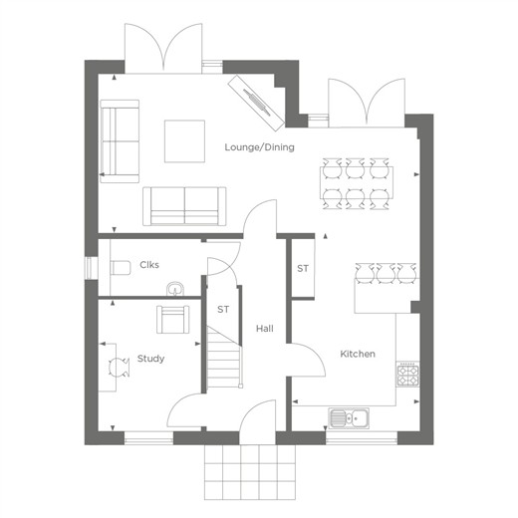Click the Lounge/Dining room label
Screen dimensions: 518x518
259,147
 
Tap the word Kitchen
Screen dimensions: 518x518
358,354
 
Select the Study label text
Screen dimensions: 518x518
150,359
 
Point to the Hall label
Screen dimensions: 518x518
265,329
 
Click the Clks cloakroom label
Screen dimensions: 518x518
149,265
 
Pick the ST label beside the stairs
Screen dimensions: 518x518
223,310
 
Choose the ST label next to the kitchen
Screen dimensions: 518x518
303,268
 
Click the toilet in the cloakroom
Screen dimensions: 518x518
121,268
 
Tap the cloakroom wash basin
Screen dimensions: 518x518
175,289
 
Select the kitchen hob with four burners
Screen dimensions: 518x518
407,375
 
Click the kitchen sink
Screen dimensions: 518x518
349,417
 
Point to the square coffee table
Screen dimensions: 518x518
184,141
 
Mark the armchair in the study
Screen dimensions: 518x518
173,320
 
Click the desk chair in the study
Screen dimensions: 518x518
119,368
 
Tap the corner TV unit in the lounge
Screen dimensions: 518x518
256,103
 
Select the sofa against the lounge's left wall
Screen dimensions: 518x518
120,141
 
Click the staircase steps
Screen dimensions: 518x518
223,357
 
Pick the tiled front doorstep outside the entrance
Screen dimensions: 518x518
250,472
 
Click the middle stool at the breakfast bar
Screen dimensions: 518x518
386,273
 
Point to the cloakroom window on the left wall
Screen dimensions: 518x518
91,268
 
